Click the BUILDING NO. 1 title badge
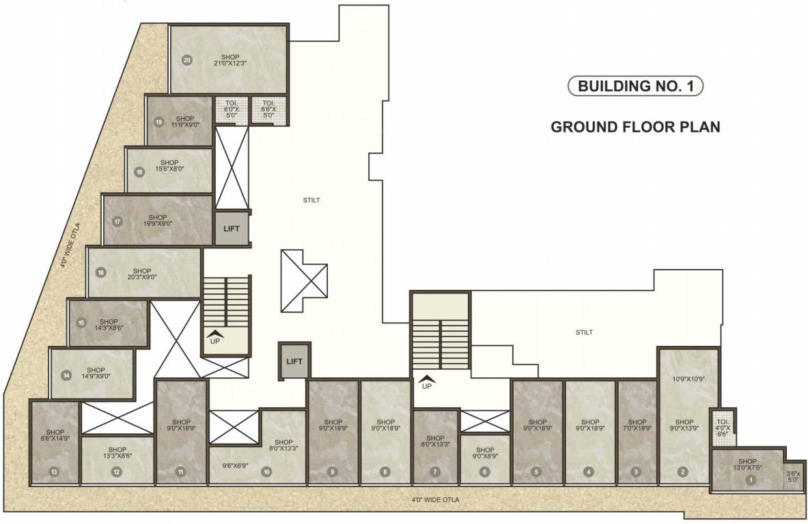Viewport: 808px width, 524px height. (x=635, y=86)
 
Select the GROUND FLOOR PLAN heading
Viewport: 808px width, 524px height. (x=635, y=127)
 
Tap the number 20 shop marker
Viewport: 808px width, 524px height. (x=187, y=60)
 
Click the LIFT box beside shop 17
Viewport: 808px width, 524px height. (x=232, y=229)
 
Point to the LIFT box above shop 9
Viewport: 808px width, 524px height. (x=294, y=362)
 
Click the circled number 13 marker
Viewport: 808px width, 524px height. (x=55, y=471)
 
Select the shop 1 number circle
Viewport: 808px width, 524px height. (x=751, y=480)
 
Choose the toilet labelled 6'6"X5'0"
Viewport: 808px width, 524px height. (x=268, y=109)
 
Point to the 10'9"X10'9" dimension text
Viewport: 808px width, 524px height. (x=688, y=379)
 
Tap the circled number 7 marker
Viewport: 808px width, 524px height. (x=434, y=471)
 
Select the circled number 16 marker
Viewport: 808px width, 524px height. (x=100, y=272)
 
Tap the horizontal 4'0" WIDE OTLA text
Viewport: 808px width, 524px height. (x=435, y=500)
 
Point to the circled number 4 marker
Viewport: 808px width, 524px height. (x=589, y=471)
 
